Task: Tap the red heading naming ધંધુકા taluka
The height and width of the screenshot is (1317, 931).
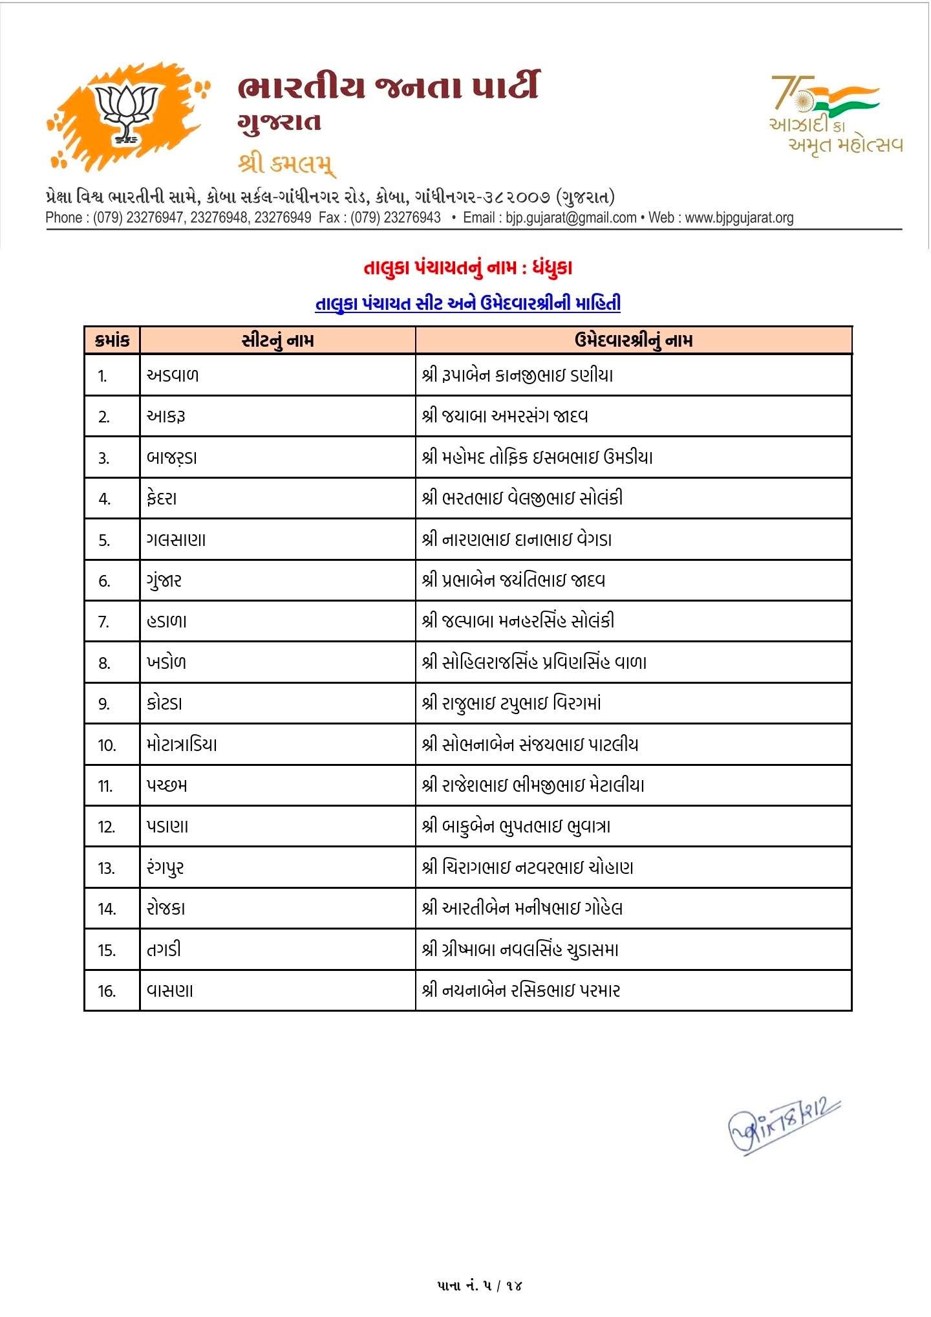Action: click(467, 268)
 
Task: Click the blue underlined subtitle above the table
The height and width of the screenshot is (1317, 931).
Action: click(467, 303)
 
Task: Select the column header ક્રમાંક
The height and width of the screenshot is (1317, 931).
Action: click(112, 341)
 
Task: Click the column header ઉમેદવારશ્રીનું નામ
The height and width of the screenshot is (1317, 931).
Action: click(633, 341)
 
